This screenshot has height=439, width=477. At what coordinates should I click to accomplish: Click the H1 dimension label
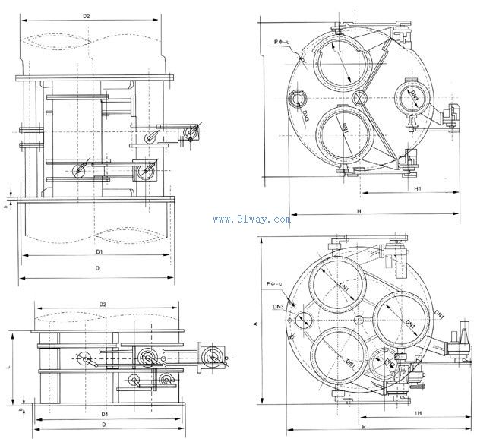(x=418, y=188)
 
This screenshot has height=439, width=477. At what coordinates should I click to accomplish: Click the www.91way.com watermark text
(x=251, y=219)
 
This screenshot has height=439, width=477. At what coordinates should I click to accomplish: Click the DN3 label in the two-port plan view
(x=304, y=115)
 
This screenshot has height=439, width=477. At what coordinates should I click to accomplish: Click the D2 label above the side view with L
(x=103, y=305)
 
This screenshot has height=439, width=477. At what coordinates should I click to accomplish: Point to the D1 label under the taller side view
(x=99, y=250)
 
